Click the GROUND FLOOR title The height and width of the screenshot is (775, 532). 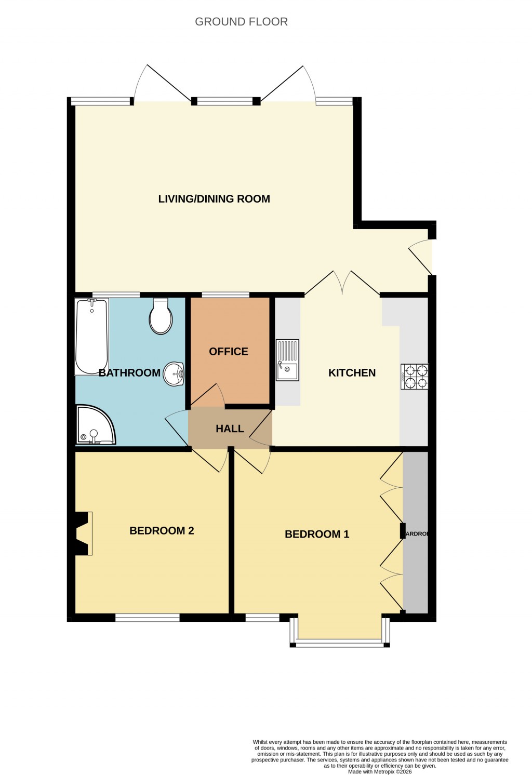tap(241, 22)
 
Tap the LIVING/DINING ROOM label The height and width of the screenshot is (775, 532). tap(214, 199)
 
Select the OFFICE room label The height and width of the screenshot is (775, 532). tap(229, 352)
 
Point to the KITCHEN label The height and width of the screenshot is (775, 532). tap(352, 373)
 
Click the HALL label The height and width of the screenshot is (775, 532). tap(230, 429)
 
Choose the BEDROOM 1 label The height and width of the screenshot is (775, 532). tap(317, 535)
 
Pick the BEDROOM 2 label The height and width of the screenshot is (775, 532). tap(162, 531)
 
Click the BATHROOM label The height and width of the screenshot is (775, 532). tap(129, 373)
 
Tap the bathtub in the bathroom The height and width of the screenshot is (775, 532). tap(91, 336)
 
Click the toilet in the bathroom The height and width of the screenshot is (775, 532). tap(161, 317)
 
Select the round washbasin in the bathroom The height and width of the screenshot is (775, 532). tap(174, 373)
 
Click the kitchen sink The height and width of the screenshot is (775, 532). tap(287, 360)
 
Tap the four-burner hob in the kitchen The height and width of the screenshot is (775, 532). tap(415, 377)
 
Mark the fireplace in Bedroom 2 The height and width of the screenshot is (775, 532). tap(83, 533)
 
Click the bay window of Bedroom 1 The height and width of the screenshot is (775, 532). tap(340, 643)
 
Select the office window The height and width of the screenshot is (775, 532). tap(225, 295)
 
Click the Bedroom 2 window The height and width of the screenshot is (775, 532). tap(148, 618)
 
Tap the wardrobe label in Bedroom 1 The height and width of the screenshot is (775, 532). tap(416, 534)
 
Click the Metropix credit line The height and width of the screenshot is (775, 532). tap(380, 772)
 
